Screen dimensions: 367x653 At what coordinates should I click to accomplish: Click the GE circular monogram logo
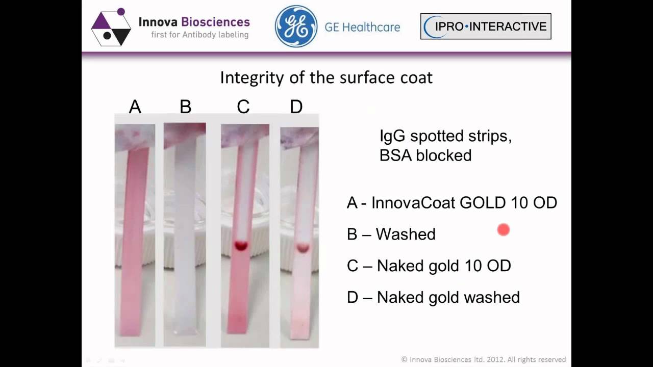tap(296, 27)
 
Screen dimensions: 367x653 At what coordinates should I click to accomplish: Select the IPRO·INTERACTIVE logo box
tap(485, 27)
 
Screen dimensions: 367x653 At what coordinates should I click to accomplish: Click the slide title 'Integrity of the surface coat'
tap(326, 77)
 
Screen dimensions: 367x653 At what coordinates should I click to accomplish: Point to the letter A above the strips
tap(135, 107)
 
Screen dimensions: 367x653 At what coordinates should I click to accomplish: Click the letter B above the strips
tap(185, 107)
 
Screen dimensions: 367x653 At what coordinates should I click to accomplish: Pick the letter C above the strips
tap(243, 107)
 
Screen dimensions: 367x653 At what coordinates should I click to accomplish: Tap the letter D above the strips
tap(296, 107)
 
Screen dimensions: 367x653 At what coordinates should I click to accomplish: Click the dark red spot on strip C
tap(241, 246)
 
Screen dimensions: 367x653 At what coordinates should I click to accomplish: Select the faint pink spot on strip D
tap(303, 248)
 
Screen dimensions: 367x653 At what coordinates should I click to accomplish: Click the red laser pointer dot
tap(504, 230)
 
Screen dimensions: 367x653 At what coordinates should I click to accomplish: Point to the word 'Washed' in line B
tap(406, 234)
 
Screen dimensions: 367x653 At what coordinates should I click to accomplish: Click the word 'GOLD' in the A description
tap(483, 202)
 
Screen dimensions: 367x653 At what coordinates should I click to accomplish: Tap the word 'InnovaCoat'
tap(413, 202)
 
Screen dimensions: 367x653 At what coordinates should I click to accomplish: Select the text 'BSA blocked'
tap(425, 155)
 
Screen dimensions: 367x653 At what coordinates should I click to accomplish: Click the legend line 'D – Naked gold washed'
tap(433, 297)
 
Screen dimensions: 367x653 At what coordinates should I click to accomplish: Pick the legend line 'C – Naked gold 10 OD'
tap(429, 266)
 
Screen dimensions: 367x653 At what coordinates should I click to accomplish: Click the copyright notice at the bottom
tap(484, 359)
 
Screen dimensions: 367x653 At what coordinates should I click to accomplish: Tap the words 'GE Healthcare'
tap(362, 27)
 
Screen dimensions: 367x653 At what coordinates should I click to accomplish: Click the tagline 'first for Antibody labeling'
tap(199, 35)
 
